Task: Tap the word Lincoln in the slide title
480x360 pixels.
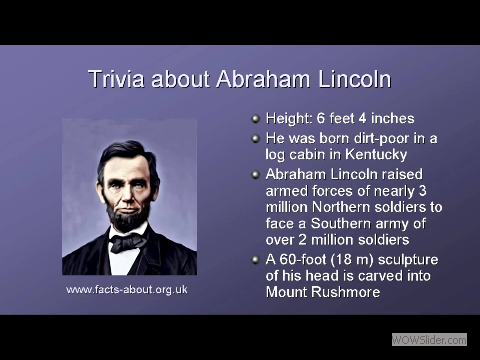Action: (x=352, y=79)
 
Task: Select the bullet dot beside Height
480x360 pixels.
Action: (x=256, y=117)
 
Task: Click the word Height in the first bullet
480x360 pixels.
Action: (x=288, y=117)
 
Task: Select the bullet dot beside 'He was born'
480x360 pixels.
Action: (x=256, y=137)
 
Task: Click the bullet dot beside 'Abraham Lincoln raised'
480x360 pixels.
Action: (x=256, y=174)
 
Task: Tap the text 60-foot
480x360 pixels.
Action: (x=306, y=261)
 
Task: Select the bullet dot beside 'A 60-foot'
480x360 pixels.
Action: (x=256, y=261)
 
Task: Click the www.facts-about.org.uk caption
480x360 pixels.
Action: (x=127, y=290)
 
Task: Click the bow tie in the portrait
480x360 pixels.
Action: (x=127, y=243)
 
